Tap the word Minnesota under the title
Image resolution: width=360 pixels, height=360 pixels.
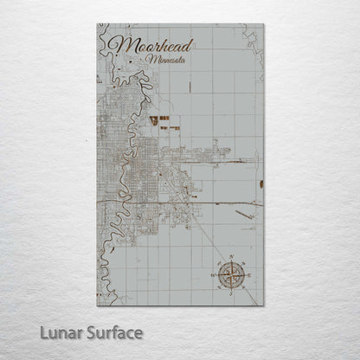point(170,61)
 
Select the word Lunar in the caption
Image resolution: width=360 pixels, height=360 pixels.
point(75,332)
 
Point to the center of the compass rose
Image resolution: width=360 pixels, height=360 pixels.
point(231,275)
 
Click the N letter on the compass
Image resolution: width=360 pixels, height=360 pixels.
point(231,257)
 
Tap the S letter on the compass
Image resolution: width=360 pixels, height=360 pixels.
point(231,294)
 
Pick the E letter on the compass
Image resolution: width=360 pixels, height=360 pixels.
point(249,275)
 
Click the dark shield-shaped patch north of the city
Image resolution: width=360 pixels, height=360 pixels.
point(153,121)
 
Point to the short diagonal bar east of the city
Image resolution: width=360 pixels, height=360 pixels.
point(244,213)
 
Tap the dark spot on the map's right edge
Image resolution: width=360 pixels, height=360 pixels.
point(260,183)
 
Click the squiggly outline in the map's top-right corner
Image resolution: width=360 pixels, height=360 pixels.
point(252,41)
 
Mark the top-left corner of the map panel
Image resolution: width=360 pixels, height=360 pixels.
point(97,24)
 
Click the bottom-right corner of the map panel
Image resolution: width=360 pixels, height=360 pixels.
point(264,305)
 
